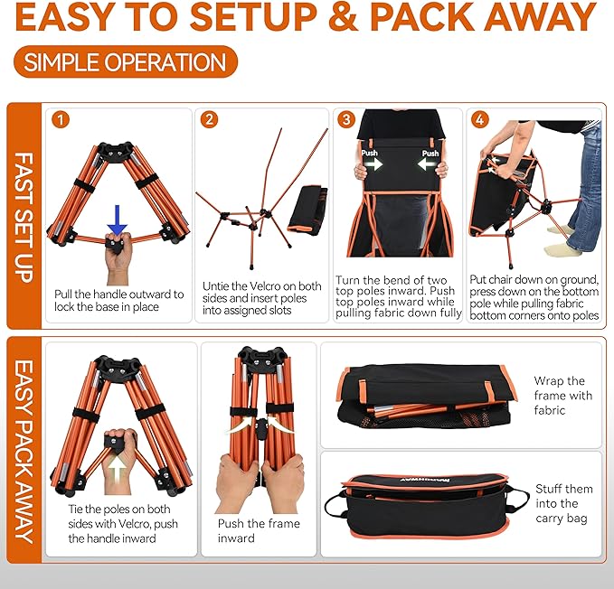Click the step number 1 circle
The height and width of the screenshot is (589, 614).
pos(61,119)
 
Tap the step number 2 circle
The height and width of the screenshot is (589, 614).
pos(210,119)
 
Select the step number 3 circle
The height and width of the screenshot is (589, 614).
pos(345,119)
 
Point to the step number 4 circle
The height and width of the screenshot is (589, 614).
pos(479,119)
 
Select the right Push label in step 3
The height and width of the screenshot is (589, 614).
pos(430,154)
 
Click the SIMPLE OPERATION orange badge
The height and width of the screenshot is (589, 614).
pos(126,62)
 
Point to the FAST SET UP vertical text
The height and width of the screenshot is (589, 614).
pos(24,217)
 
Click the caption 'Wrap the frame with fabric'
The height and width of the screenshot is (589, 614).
pos(562,396)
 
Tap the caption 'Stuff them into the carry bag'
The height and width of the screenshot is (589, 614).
pos(562,503)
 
